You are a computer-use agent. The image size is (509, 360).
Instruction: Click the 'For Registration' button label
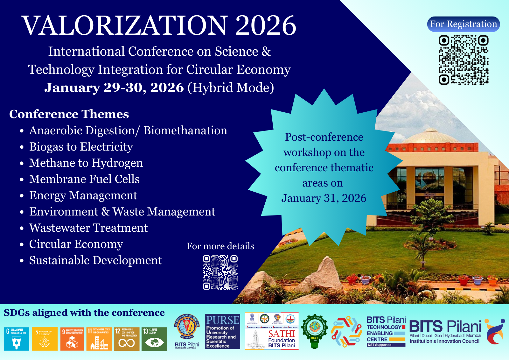pyautogui.click(x=463, y=24)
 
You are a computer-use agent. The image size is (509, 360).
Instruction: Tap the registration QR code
pyautogui.click(x=464, y=60)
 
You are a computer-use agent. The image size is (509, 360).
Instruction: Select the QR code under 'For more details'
pyautogui.click(x=220, y=272)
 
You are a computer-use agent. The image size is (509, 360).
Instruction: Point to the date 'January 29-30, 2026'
pyautogui.click(x=114, y=88)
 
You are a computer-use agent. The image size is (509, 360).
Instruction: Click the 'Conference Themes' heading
pyautogui.click(x=69, y=114)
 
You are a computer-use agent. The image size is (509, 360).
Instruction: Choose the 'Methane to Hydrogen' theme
pyautogui.click(x=86, y=163)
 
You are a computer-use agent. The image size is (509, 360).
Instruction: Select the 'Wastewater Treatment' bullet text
pyautogui.click(x=88, y=228)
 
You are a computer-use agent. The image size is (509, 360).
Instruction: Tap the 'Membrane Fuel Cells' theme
pyautogui.click(x=84, y=179)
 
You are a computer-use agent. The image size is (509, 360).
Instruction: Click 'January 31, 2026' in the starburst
pyautogui.click(x=324, y=198)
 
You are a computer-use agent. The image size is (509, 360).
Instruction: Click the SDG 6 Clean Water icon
pyautogui.click(x=17, y=339)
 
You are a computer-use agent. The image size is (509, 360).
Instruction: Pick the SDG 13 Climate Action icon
pyautogui.click(x=154, y=339)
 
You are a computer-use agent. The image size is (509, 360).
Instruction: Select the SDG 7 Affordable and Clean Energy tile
pyautogui.click(x=45, y=339)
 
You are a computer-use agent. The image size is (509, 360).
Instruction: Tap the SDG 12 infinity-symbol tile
pyautogui.click(x=127, y=339)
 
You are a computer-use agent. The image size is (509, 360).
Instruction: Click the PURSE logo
pyautogui.click(x=222, y=331)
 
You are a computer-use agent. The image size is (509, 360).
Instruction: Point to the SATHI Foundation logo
pyautogui.click(x=272, y=331)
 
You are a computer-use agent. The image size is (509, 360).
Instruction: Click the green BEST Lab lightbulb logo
pyautogui.click(x=314, y=331)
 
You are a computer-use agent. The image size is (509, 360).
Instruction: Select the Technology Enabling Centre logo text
pyautogui.click(x=386, y=331)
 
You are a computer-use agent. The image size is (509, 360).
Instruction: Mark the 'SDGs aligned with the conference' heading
pyautogui.click(x=84, y=313)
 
